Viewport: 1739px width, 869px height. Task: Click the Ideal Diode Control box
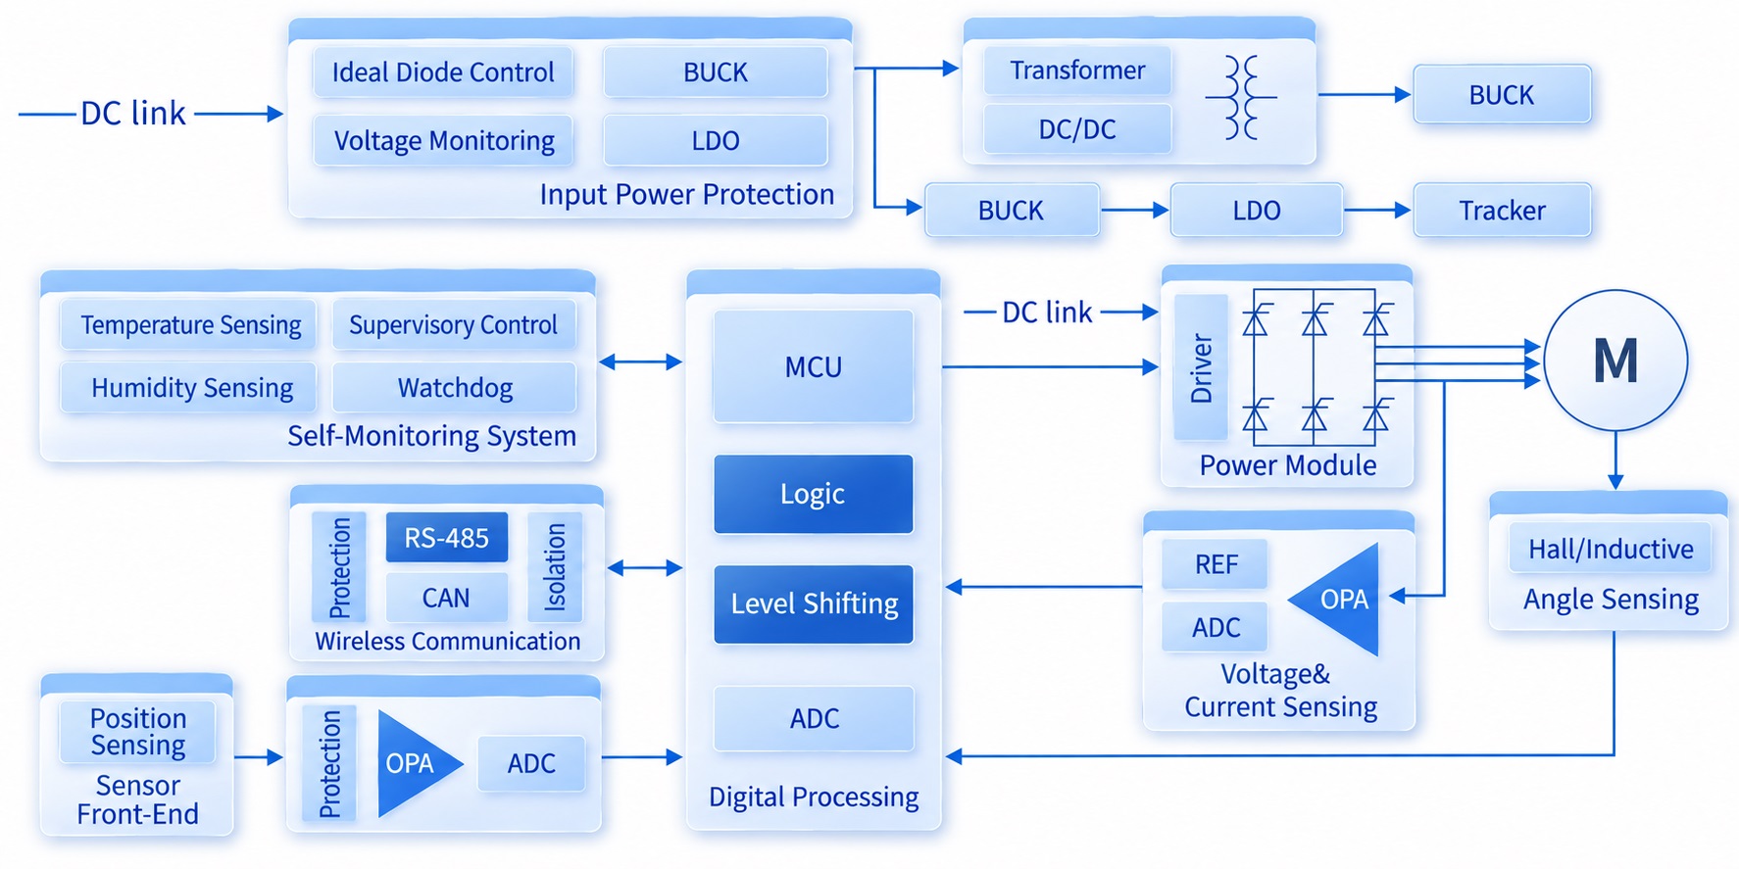tap(443, 72)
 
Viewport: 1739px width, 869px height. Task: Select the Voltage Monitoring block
tap(443, 140)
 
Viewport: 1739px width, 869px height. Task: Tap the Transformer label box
tap(1077, 71)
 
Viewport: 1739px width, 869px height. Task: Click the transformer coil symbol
tap(1241, 97)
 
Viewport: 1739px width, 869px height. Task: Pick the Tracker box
tap(1502, 210)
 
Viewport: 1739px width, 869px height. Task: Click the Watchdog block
tap(455, 387)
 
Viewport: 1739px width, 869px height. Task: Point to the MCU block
tap(814, 366)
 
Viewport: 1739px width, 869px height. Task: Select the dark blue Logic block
tap(814, 494)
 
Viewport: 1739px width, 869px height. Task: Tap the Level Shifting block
tap(814, 603)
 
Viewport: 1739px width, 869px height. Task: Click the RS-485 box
tap(447, 537)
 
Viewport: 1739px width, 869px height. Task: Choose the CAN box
tap(447, 598)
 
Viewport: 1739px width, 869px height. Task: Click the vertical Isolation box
tap(555, 566)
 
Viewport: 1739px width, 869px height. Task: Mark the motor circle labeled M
tap(1615, 361)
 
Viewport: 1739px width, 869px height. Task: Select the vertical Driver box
tap(1201, 366)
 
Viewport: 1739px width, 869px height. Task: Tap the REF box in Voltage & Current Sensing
tap(1215, 564)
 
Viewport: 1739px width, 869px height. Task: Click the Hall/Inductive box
tap(1611, 549)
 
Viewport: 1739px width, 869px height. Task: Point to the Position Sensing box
tap(137, 732)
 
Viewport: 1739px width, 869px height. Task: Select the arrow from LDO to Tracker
tap(1377, 210)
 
